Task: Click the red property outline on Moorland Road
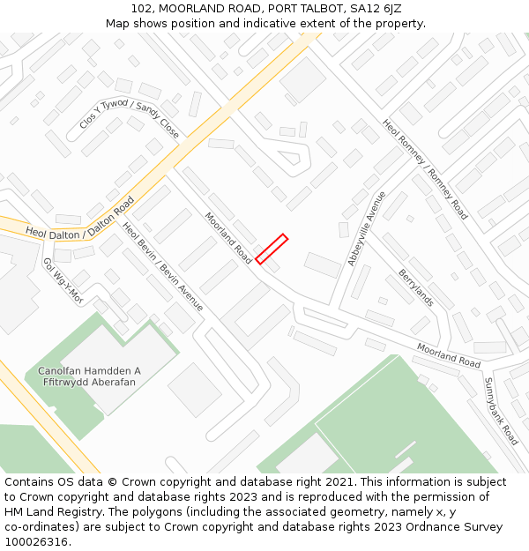(x=272, y=249)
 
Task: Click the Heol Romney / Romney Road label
(x=424, y=168)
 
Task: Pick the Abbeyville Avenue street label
(x=368, y=227)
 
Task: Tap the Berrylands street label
(x=415, y=287)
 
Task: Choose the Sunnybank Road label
(x=501, y=410)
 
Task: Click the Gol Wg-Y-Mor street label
(x=63, y=280)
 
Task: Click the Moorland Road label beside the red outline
(x=228, y=238)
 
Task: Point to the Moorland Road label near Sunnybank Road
(x=449, y=355)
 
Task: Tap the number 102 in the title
(x=141, y=9)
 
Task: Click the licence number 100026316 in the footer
(x=37, y=542)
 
